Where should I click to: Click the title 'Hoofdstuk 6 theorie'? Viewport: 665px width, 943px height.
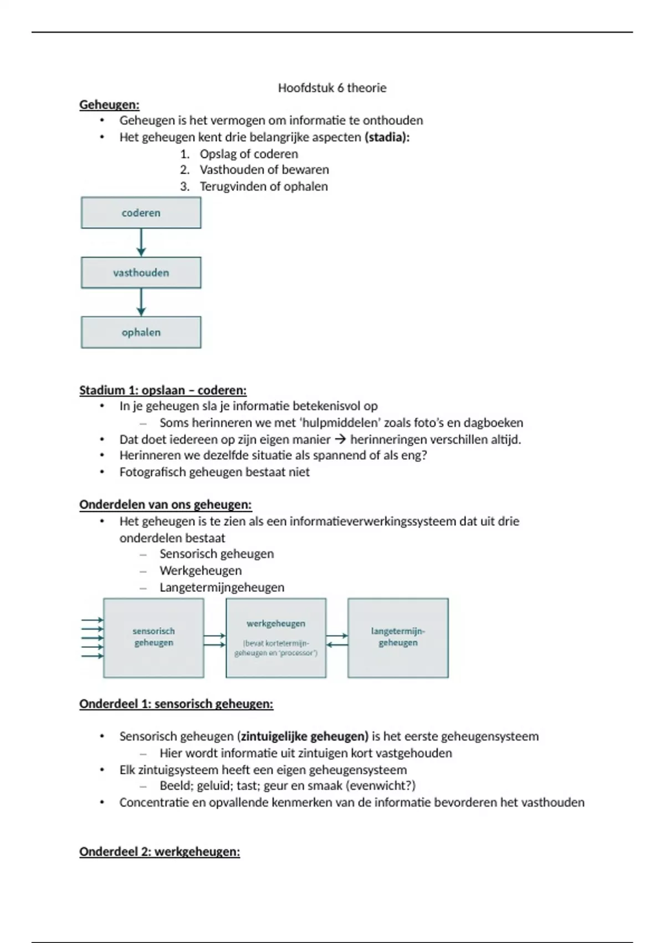(332, 88)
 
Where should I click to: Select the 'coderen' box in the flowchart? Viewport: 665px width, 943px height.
(141, 212)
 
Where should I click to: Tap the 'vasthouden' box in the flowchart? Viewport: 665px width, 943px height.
(141, 272)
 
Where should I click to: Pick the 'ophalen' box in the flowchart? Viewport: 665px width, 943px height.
(141, 332)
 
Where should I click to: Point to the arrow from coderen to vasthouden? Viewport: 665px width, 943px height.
(141, 242)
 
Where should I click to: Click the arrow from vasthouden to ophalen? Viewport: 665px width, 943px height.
(141, 302)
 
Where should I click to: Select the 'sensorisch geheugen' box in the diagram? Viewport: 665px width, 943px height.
(154, 637)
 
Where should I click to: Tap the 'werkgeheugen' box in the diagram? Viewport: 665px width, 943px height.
(276, 637)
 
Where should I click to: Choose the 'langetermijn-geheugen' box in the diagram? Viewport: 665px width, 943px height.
(398, 637)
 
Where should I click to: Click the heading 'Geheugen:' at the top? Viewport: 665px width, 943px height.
(109, 104)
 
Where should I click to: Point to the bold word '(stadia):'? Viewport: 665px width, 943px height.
(387, 137)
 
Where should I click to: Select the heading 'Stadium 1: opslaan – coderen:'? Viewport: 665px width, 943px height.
(163, 390)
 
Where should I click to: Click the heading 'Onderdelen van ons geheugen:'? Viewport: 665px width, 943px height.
(165, 505)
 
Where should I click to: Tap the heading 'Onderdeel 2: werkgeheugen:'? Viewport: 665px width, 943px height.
(160, 851)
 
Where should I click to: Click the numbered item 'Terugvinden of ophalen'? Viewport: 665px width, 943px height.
(264, 186)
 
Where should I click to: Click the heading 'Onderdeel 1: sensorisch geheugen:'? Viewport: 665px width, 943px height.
(176, 704)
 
